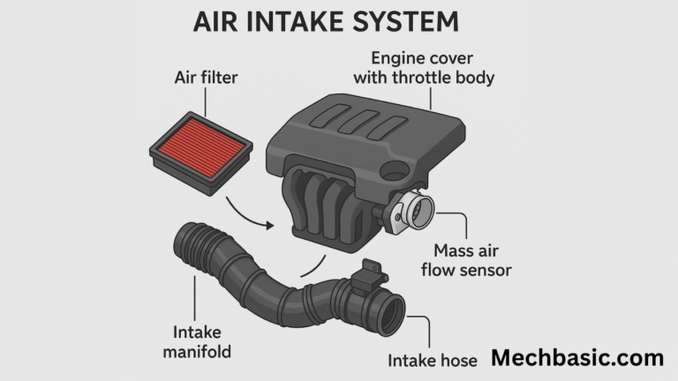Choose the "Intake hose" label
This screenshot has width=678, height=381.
click(x=433, y=360)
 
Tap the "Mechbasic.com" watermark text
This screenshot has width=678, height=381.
click(x=576, y=358)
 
